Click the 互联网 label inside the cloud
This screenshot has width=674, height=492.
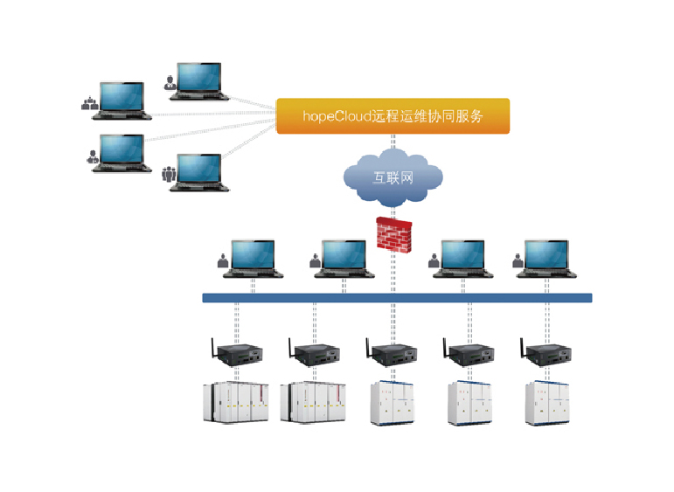pyautogui.click(x=393, y=177)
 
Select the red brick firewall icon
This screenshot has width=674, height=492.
pyautogui.click(x=393, y=232)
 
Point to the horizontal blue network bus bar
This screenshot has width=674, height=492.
pyautogui.click(x=397, y=298)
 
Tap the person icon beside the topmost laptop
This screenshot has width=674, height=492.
pyautogui.click(x=170, y=83)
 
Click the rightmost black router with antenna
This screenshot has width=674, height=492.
pyautogui.click(x=551, y=353)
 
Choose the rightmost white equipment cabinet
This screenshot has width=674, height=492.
pyautogui.click(x=549, y=403)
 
